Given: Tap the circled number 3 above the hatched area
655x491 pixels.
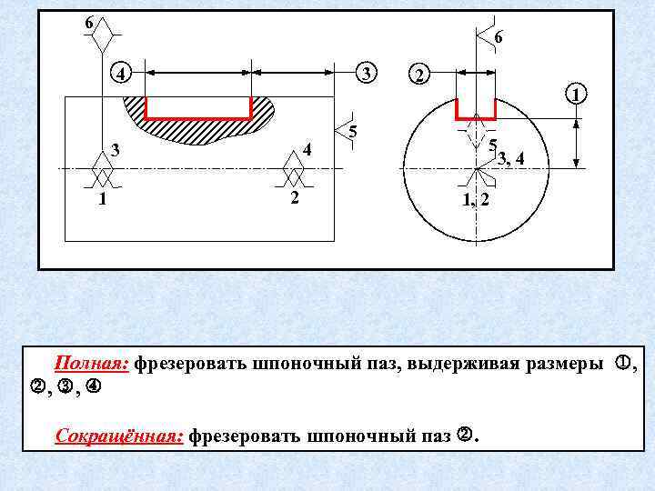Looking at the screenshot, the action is point(364,72).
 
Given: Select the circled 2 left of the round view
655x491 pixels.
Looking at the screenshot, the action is point(418,75).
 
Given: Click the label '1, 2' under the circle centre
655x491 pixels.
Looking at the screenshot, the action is point(476,198).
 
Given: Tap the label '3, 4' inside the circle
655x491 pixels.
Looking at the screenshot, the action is point(510,159).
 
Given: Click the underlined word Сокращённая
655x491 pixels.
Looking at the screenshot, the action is point(118,436).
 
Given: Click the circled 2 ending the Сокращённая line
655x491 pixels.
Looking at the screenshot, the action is point(464,437).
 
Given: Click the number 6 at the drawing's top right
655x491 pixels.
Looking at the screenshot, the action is point(499,37).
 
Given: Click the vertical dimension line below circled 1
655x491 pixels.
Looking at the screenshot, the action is point(576,142).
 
